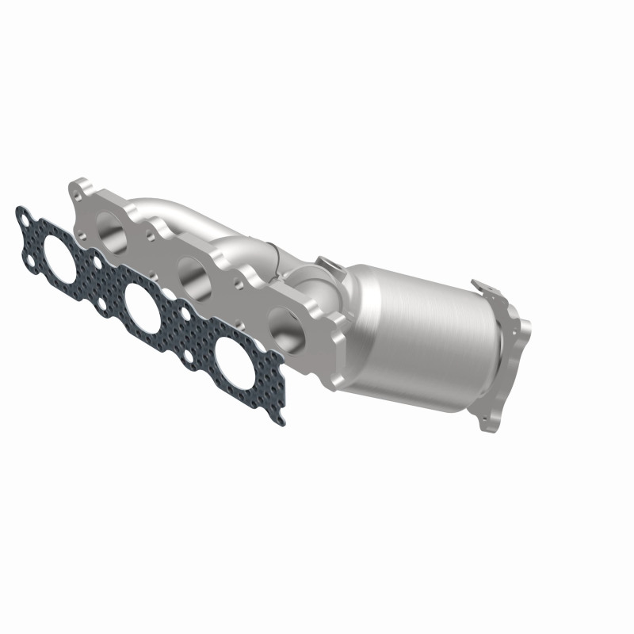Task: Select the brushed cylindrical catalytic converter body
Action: point(420,333)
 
